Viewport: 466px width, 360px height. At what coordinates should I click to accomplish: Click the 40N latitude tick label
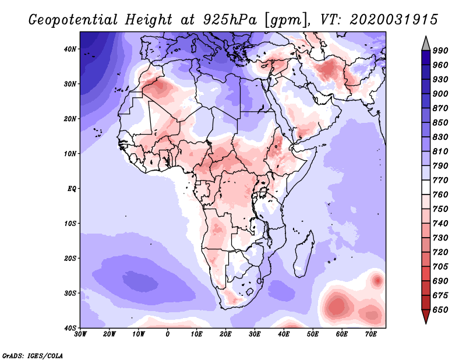coord(70,49)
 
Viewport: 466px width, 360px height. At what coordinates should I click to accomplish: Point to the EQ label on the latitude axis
coord(71,189)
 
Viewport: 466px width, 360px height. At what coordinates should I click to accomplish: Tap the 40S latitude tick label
coord(70,328)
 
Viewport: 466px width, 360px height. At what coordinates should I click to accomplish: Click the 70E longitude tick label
coord(371,334)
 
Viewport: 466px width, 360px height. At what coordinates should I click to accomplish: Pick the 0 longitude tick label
coord(168,334)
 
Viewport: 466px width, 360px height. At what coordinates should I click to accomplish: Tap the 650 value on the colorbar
coord(440,310)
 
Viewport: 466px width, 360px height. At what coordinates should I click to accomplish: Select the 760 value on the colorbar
coord(440,195)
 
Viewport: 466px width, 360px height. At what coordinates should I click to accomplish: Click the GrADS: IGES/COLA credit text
coord(33,354)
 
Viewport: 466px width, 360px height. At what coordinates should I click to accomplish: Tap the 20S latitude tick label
coord(70,258)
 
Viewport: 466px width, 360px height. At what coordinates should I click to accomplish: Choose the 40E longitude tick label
coord(284,334)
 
